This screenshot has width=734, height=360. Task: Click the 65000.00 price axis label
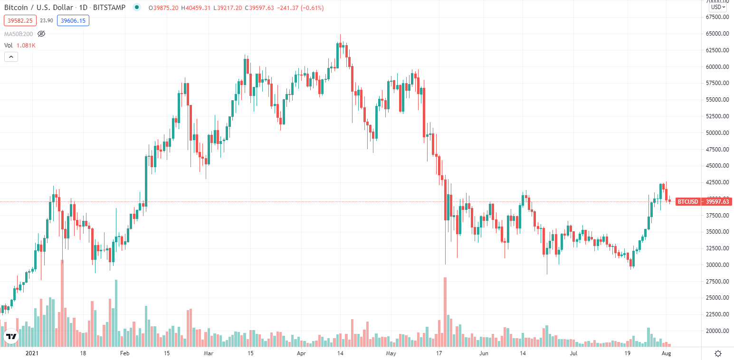click(x=717, y=34)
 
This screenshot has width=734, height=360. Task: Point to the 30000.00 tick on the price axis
click(x=717, y=265)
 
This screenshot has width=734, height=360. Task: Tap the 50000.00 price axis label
click(x=717, y=133)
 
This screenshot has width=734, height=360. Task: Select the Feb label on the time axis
click(x=124, y=353)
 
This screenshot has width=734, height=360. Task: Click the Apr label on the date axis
click(x=300, y=353)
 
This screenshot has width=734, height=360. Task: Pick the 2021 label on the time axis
click(x=31, y=353)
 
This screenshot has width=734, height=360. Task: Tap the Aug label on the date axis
click(x=667, y=353)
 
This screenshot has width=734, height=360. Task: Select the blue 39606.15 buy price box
click(x=73, y=20)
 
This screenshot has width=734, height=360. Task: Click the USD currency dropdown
click(x=717, y=7)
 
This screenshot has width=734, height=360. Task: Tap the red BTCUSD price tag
click(x=687, y=202)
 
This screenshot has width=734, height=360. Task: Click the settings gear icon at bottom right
click(x=718, y=353)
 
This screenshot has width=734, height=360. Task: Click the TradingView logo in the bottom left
click(x=11, y=337)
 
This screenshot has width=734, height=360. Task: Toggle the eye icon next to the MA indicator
click(x=41, y=34)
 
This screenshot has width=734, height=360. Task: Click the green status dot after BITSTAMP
click(x=137, y=7)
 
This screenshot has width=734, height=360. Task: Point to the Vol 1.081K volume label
click(x=20, y=45)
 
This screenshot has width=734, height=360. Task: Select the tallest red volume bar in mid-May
click(x=445, y=311)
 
